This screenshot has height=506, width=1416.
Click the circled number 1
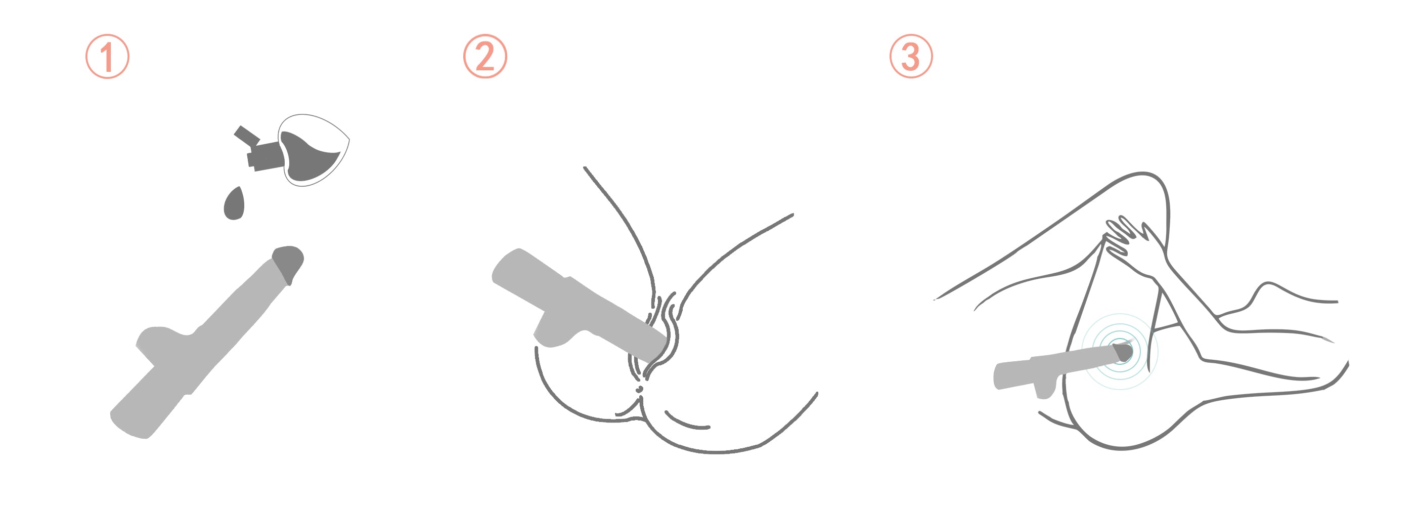[x=107, y=57]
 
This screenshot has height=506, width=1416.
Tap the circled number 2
[x=485, y=57]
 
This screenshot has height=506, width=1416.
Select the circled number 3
[x=911, y=57]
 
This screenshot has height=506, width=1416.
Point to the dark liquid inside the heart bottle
[x=308, y=157]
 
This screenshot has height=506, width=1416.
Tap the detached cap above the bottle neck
[x=246, y=135]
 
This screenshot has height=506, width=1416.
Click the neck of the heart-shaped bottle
[x=266, y=156]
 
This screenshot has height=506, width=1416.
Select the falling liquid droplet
[x=234, y=204]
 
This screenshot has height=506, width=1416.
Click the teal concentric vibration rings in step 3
[x=1120, y=352]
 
